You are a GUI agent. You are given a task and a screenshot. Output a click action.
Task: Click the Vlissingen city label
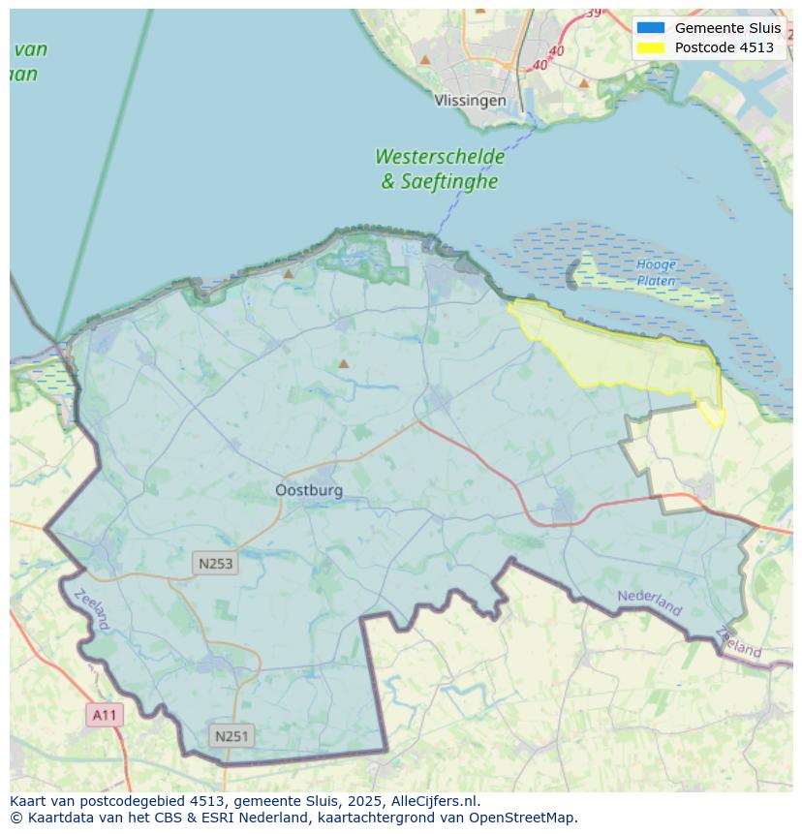(470, 101)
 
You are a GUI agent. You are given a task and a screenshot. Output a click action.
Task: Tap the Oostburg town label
(309, 490)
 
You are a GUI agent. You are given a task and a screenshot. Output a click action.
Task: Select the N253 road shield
(215, 564)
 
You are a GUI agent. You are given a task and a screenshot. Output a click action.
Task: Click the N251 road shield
(231, 736)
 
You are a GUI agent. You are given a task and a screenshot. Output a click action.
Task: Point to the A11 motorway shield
(105, 716)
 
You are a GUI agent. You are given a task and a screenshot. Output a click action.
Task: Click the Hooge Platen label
(656, 272)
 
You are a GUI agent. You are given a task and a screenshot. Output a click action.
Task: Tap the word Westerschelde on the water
(439, 157)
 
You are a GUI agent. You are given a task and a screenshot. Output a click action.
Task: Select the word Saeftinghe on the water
(451, 181)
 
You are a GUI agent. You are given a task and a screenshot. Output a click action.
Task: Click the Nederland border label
(649, 602)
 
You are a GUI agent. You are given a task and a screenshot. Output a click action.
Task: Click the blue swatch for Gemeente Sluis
(650, 28)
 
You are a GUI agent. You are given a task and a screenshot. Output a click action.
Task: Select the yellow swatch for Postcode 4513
(650, 47)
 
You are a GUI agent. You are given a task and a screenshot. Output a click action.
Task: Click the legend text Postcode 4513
(724, 47)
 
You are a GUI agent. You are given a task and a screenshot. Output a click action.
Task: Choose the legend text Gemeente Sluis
(727, 28)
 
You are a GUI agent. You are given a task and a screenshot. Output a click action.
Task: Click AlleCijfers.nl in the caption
(435, 801)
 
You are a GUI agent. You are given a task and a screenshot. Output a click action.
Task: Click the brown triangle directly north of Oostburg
(343, 364)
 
